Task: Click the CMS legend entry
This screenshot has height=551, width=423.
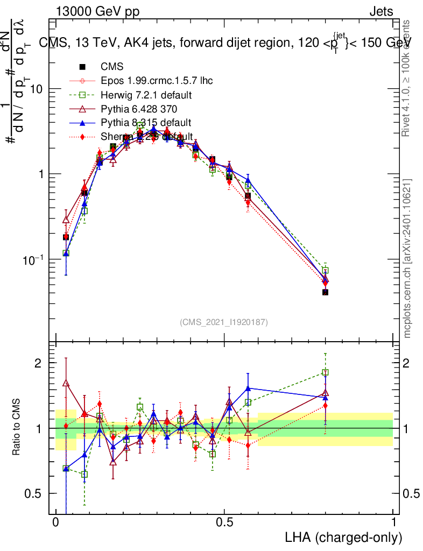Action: pos(112,67)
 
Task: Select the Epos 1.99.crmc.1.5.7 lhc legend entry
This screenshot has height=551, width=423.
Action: pos(157,81)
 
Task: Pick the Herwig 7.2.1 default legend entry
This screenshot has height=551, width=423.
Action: pos(146,95)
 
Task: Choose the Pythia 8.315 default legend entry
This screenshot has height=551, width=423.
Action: pos(145,123)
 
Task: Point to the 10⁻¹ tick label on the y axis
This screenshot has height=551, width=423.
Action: pos(33,260)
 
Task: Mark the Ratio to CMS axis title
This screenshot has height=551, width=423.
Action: pos(18,428)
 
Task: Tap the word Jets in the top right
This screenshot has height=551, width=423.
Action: pos(381,12)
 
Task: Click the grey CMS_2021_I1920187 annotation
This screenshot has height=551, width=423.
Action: pos(224,322)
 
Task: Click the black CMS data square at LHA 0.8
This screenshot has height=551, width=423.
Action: pos(325,292)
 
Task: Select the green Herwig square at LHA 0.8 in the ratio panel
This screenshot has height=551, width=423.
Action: pos(325,372)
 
